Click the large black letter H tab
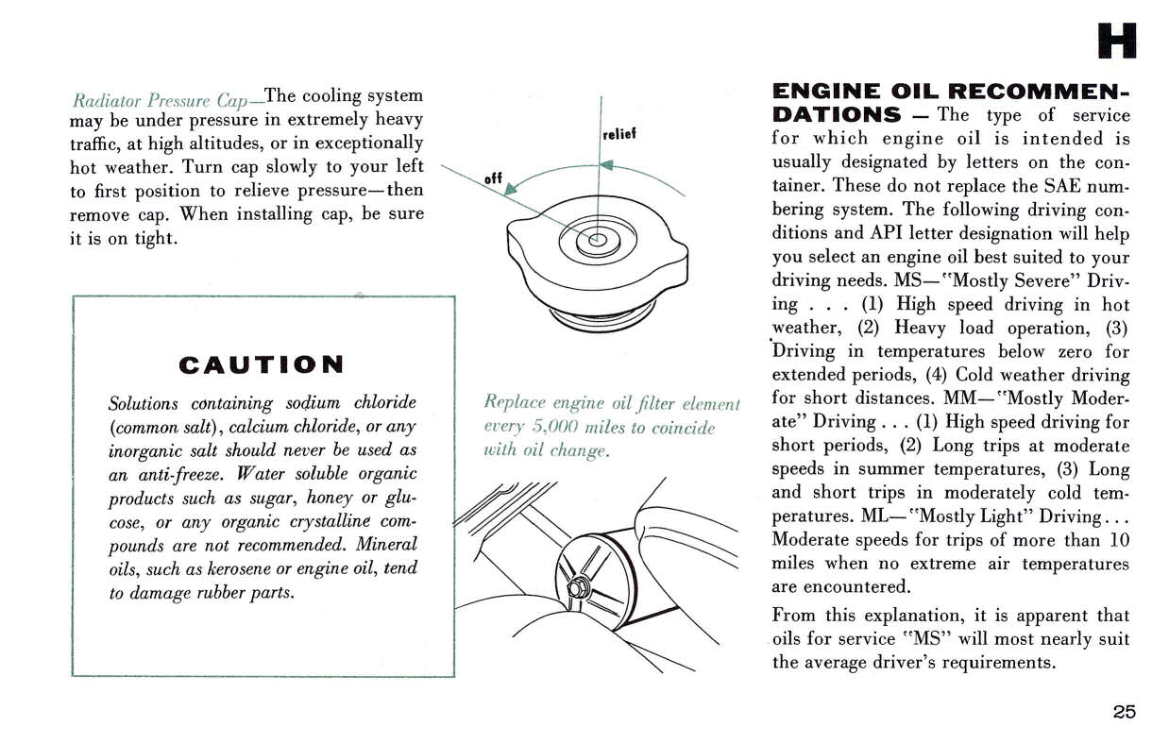point(1117,40)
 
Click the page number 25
point(1124,712)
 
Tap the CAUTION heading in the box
point(261,364)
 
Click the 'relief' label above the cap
point(619,134)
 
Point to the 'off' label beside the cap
point(492,178)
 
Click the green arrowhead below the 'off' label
point(511,190)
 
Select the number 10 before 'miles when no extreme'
point(1119,540)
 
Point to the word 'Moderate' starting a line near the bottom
point(807,540)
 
